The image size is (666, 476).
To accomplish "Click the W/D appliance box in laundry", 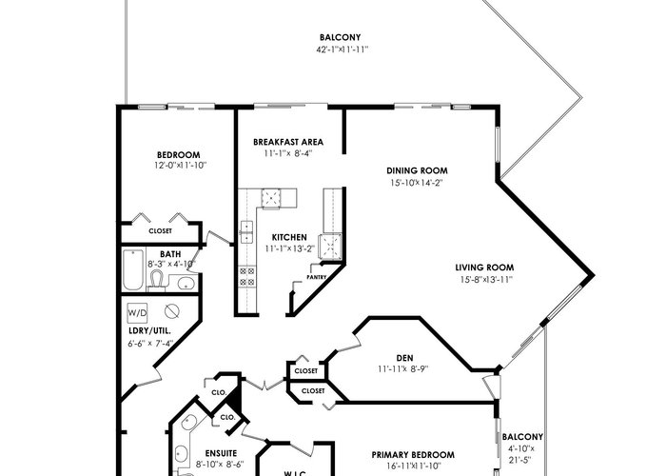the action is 137,313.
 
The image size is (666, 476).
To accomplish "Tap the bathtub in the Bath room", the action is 133,269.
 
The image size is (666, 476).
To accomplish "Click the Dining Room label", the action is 417,170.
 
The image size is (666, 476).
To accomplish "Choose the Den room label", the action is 404,358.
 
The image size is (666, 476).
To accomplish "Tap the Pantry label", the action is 317,277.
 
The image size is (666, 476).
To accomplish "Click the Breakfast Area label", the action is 288,142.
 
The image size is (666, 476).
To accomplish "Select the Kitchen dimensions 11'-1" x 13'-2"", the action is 289,248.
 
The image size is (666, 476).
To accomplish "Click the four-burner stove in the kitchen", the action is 246,277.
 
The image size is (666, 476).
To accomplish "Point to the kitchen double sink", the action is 246,231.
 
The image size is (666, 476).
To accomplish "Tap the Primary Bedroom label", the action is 413,455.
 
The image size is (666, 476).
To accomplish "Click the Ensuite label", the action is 221,453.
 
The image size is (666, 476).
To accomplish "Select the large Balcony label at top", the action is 341,37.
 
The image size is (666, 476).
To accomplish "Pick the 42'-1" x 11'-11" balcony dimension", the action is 342,50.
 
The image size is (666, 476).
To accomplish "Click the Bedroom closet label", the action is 160,231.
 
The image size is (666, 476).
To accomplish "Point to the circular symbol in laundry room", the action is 172,311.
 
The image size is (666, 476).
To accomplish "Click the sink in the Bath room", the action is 186,282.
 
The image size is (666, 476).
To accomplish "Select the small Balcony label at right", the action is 522,437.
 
